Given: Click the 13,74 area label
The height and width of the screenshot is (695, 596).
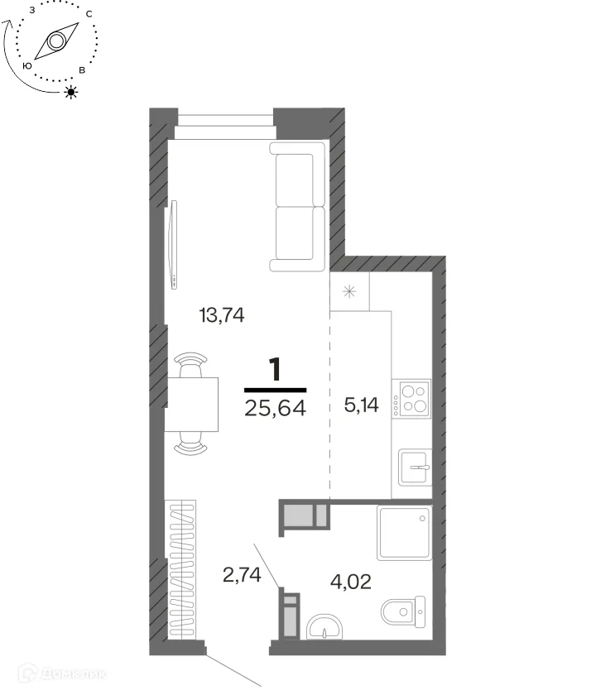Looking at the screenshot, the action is coord(222,315).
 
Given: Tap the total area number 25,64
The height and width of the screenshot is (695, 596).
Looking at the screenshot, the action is coord(275,407).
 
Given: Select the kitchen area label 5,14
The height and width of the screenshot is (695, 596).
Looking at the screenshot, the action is coord(361,405).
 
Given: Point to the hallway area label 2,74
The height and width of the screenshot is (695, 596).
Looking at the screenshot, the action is coord(242,575).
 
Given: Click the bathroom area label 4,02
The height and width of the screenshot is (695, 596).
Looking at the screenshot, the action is coord(350,581).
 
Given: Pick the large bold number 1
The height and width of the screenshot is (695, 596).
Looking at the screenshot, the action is coord(276,369).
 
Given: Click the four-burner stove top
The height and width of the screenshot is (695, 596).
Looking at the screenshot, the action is coord(411,399).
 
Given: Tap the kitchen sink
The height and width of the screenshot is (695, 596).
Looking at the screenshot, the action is coord(415,467).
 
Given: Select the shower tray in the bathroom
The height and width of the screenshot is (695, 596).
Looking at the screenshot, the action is coord(405,532).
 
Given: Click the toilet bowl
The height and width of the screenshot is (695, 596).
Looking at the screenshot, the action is coord(403,611).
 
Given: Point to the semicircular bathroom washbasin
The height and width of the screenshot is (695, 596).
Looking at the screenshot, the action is coord(324,626).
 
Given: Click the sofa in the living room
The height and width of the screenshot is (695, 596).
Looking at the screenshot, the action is coord(297,206).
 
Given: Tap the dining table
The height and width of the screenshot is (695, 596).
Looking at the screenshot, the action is coord(191,405).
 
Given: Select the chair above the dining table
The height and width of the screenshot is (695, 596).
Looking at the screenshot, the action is coord(191,364).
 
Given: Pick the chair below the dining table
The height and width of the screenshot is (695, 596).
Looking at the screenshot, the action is coord(190,443).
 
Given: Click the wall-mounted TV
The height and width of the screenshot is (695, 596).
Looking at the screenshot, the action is coord(173,245).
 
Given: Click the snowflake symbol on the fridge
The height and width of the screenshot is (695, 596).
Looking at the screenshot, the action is coord(350,291).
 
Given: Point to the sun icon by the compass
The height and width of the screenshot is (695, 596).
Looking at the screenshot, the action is coord(71,92).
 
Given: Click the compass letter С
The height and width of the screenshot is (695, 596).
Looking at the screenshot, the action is coord(89,14).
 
